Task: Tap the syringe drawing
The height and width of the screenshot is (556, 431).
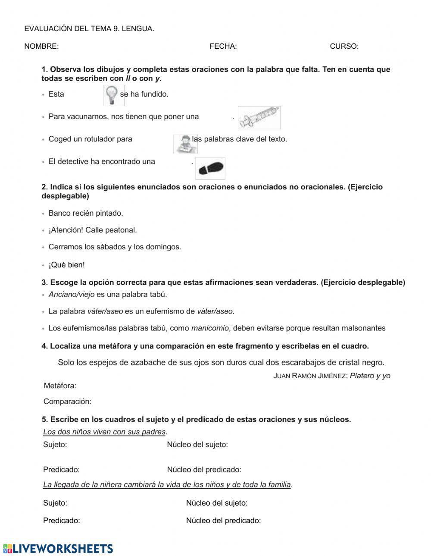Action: (259, 117)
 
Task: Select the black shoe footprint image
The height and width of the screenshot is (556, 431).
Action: (210, 168)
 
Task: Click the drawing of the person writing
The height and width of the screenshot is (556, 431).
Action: (185, 144)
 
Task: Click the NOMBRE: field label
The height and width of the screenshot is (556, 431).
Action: (41, 47)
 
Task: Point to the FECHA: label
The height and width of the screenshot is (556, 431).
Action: (223, 47)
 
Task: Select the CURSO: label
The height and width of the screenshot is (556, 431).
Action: (344, 47)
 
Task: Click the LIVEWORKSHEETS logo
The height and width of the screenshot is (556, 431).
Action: (58, 548)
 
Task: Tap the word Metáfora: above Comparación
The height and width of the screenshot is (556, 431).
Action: (60, 386)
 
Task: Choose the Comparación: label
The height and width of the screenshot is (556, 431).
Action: (67, 402)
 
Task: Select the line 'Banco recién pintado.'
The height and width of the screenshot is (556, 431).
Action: (86, 213)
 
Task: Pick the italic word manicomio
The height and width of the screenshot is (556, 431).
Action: (210, 328)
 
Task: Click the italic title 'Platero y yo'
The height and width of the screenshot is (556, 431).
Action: (370, 376)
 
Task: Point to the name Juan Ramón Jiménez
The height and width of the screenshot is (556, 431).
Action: (310, 376)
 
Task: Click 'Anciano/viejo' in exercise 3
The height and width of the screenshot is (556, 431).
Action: (72, 295)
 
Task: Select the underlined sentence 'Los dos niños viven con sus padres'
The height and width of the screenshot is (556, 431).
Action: (104, 432)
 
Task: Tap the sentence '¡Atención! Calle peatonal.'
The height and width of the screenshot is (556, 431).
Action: (93, 230)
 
